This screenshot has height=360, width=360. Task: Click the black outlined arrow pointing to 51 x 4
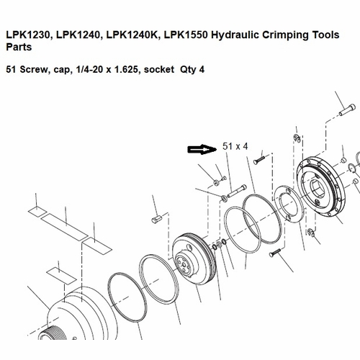point(202,149)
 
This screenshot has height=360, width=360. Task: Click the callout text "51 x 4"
point(235,146)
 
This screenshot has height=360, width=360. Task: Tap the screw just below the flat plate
point(277,253)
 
